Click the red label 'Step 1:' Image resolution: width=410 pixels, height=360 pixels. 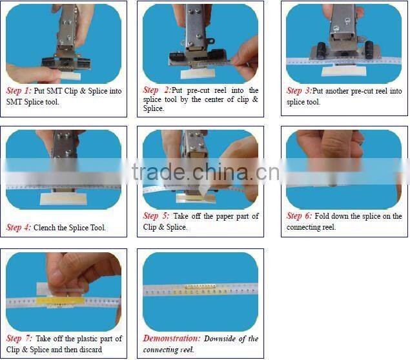(x=19, y=92)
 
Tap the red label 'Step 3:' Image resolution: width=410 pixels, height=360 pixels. (x=300, y=92)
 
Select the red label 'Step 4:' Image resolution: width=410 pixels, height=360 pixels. (x=19, y=228)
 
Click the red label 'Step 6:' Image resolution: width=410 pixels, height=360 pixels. (x=300, y=216)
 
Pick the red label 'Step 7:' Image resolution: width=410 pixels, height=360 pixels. (x=19, y=339)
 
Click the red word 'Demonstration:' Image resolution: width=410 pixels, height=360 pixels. (x=170, y=339)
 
